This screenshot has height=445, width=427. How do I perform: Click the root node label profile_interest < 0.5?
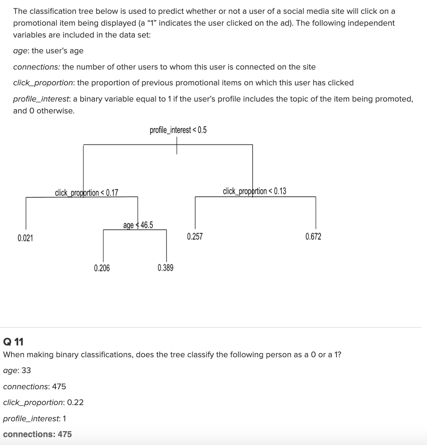(x=178, y=130)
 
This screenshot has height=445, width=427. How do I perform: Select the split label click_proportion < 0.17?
(x=87, y=193)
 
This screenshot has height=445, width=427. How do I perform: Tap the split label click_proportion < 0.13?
(x=255, y=191)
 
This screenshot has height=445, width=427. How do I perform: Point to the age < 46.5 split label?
(x=138, y=225)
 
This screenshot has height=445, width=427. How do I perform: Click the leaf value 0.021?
(x=25, y=238)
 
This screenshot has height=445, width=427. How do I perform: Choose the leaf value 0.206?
(x=102, y=268)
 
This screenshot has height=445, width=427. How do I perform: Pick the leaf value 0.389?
(x=165, y=268)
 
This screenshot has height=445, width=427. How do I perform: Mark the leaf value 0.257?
(x=195, y=237)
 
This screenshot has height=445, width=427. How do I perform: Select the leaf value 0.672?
(x=314, y=237)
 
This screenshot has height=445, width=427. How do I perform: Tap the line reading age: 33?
(x=17, y=370)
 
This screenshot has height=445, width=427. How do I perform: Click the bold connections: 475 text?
(x=38, y=434)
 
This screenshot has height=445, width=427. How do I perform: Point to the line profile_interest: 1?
(x=35, y=418)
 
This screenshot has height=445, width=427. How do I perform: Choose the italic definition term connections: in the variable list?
(x=37, y=67)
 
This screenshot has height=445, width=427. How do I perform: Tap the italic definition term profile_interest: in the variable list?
(x=42, y=99)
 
